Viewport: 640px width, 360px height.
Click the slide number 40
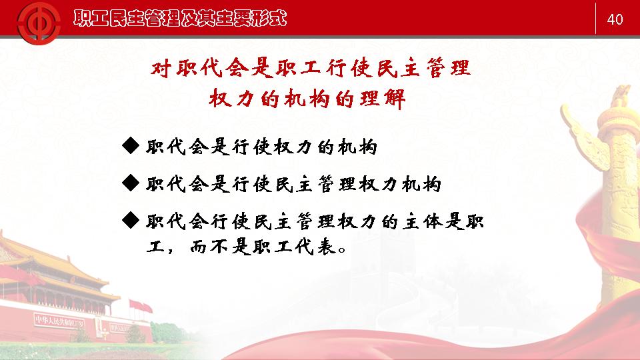(615, 19)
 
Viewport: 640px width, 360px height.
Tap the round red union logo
(39, 23)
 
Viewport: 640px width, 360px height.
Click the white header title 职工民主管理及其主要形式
(180, 19)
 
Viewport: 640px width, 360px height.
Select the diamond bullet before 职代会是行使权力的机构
(131, 146)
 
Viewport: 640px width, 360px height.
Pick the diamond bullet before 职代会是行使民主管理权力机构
(131, 183)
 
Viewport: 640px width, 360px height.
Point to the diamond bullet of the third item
(131, 221)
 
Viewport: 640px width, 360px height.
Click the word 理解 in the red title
(382, 99)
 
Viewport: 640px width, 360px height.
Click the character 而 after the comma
(199, 247)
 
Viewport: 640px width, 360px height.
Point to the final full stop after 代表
(342, 249)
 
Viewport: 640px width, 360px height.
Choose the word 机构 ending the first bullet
(357, 147)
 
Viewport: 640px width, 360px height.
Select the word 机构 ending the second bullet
(421, 184)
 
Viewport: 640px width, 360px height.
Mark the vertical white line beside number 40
(595, 19)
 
